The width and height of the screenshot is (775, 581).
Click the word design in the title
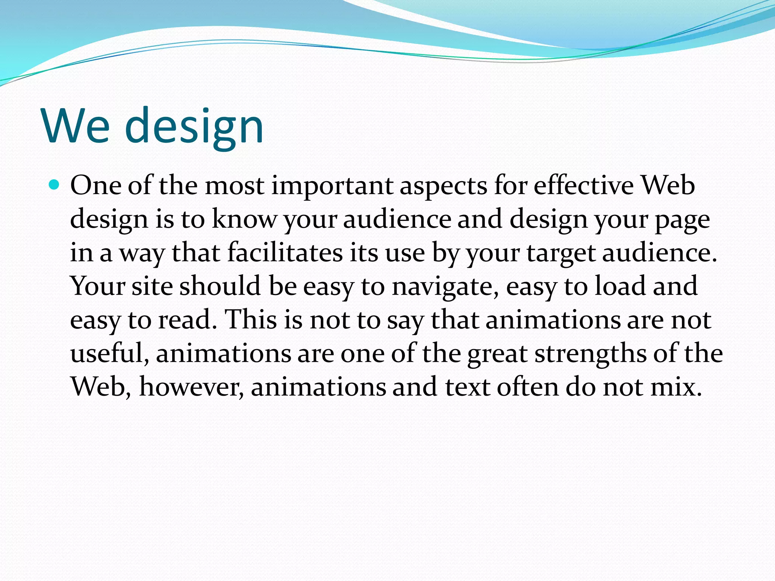coord(194,127)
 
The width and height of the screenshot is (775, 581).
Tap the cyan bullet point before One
coord(54,185)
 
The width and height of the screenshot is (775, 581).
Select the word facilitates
coord(285,252)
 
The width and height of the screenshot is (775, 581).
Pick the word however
coord(191,387)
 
